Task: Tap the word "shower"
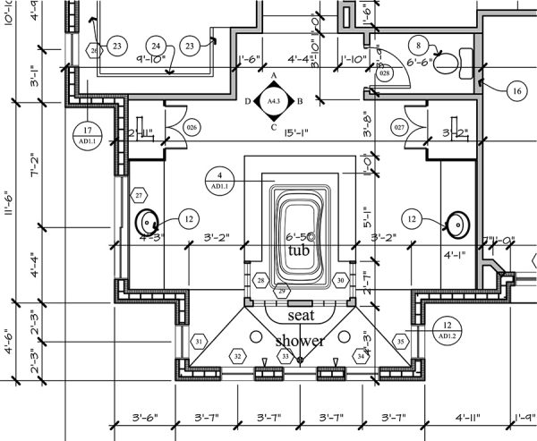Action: pos(299,341)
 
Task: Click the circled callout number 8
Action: pos(418,44)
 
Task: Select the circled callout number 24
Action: pos(156,46)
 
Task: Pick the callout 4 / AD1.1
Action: pos(219,180)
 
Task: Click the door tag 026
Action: pos(191,128)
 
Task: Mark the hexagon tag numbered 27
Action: pos(139,194)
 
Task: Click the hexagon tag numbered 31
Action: pos(200,341)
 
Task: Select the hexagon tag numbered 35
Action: pos(401,341)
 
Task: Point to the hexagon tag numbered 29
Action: pos(281,292)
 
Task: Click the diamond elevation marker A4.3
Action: pos(274,103)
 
